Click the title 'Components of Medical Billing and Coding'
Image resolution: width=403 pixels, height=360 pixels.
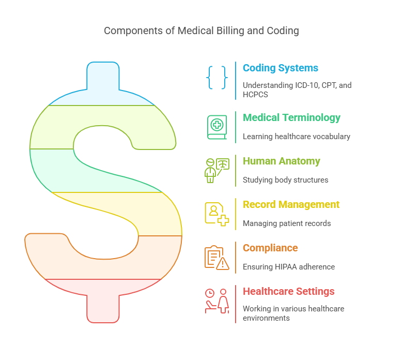tap(201, 31)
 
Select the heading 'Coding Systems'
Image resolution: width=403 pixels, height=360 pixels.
tap(280, 68)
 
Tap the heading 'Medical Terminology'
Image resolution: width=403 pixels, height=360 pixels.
tap(291, 117)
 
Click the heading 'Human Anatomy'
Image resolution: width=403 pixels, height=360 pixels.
tap(281, 161)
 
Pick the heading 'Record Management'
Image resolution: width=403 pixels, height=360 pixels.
tap(291, 204)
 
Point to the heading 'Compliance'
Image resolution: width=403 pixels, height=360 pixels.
tap(270, 248)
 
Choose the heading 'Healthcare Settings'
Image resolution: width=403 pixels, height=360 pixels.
tap(288, 291)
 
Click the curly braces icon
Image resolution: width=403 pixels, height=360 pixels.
tap(216, 78)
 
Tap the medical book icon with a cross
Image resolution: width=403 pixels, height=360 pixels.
tap(217, 127)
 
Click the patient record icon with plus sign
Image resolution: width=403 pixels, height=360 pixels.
tap(217, 214)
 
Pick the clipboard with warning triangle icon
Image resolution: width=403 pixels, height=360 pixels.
tap(217, 257)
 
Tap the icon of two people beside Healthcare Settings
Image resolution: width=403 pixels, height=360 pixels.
tap(217, 301)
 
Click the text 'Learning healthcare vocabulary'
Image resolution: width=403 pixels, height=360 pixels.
tap(297, 137)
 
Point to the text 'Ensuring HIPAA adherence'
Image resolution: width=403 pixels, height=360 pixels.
tap(289, 267)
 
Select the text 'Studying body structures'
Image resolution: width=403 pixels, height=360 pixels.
tap(286, 180)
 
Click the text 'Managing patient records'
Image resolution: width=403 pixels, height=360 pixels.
tap(287, 223)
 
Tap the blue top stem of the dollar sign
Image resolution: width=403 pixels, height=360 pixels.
tap(103, 78)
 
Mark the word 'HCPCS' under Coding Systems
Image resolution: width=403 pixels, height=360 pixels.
tap(256, 95)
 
